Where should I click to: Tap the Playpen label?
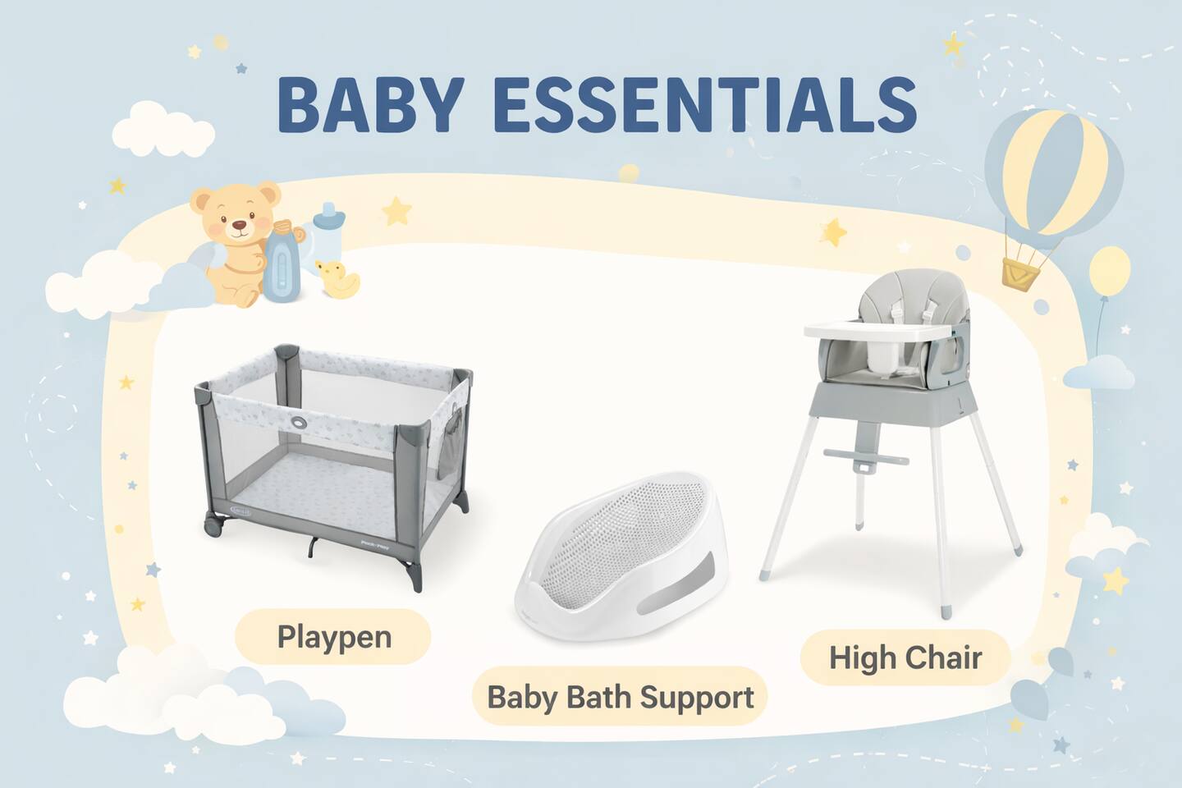(x=333, y=637)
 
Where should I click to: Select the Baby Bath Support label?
(x=620, y=697)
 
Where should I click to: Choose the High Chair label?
(x=905, y=658)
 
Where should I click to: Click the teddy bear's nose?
(x=240, y=226)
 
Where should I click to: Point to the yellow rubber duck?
(x=337, y=279)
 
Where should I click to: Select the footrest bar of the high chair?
(x=866, y=456)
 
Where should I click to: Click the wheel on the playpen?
(x=213, y=527)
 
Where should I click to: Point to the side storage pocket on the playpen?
(x=449, y=444)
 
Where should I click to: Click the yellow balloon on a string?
(x=1111, y=270)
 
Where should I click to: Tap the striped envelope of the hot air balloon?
(x=1052, y=172)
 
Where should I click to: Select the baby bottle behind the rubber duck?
(x=328, y=231)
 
